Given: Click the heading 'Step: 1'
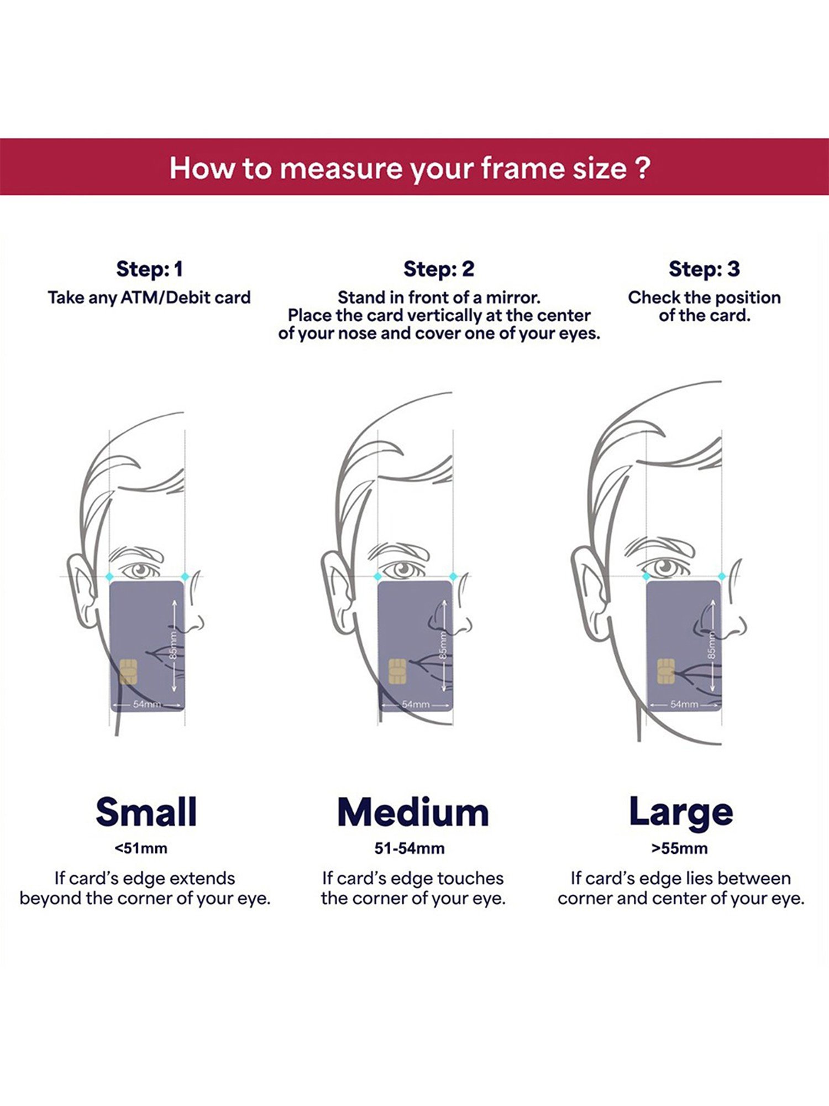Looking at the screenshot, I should [149, 269].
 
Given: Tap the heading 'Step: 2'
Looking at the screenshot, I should [439, 269].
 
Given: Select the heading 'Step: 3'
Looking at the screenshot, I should [704, 269].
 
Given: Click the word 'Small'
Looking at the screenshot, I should [146, 812].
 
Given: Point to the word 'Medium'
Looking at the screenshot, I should [413, 812].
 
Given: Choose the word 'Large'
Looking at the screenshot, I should [681, 812].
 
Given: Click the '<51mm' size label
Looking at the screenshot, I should [141, 848].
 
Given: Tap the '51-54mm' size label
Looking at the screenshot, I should [410, 848].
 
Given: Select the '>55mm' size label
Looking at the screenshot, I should [679, 848].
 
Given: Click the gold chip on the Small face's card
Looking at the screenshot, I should [128, 671].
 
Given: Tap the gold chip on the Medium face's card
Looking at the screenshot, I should [397, 671].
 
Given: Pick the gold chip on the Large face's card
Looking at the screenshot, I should [665, 671].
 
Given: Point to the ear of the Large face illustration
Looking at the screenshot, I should [587, 592].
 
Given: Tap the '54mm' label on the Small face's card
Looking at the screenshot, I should [147, 705].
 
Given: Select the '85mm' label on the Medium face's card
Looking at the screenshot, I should [443, 645].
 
